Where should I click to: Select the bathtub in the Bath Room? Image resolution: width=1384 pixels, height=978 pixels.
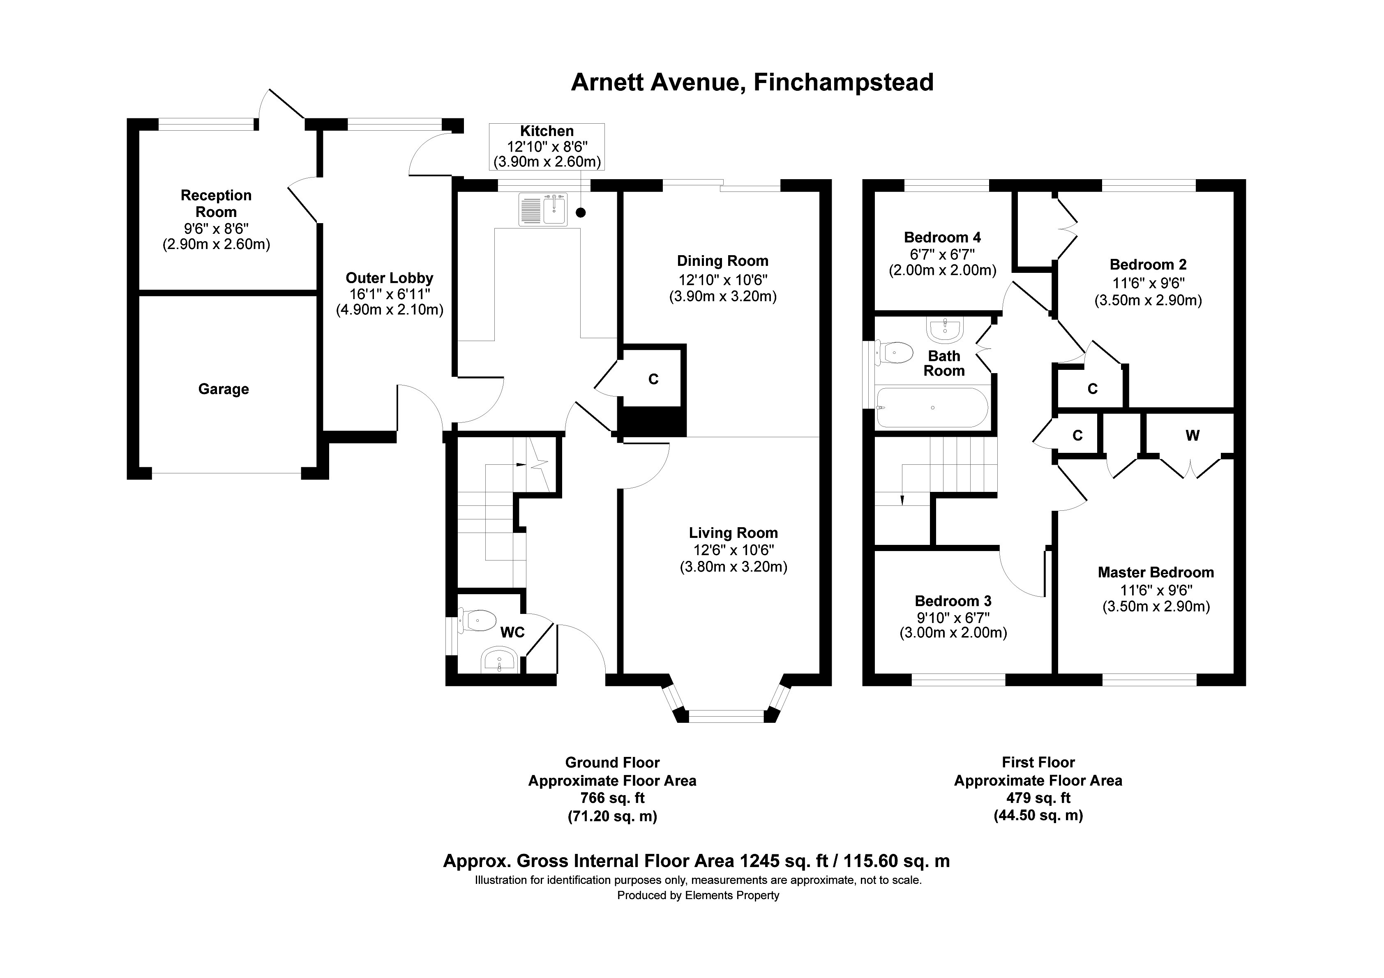coord(932,408)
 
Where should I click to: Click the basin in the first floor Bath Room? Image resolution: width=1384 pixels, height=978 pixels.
coord(945,329)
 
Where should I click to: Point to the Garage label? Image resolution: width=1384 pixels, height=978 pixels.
coord(224,389)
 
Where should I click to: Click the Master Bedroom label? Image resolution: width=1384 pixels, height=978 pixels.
coord(1156,572)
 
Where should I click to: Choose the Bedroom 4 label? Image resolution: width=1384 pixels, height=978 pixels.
coord(942,238)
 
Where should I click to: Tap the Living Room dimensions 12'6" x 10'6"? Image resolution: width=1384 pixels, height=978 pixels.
coord(733,550)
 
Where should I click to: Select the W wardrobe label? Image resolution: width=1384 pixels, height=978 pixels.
coord(1192,435)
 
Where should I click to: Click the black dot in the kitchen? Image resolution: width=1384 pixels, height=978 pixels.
coord(581,212)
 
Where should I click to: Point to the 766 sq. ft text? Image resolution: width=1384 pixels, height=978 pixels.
coord(612,798)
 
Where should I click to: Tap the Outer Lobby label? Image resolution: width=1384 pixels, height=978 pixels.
coord(390,278)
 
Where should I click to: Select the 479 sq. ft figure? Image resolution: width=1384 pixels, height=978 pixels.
coord(1038,798)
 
